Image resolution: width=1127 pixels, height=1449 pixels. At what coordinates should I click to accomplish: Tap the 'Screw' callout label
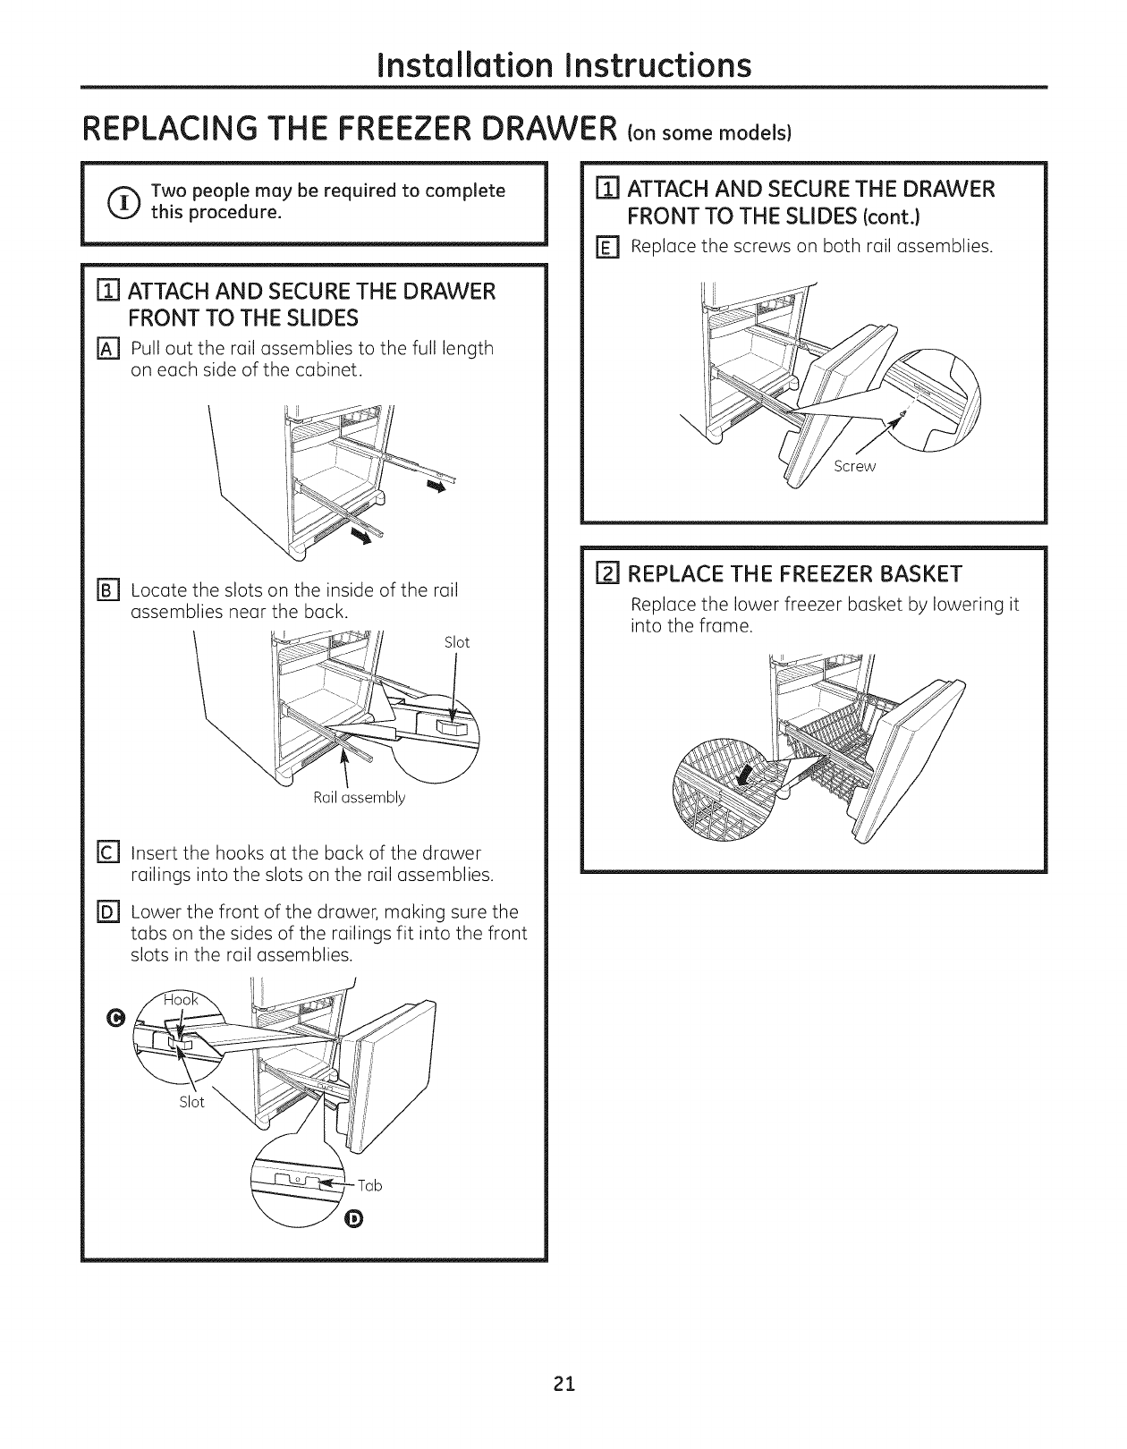pos(855,466)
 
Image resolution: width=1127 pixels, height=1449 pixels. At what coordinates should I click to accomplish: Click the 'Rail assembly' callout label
pos(359,797)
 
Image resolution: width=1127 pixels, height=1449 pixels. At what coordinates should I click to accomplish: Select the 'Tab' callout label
pos(369,1185)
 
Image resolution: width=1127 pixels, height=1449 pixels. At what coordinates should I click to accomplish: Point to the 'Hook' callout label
pos(183,1000)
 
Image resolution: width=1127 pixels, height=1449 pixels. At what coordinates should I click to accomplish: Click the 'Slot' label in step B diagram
pos(456,642)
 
